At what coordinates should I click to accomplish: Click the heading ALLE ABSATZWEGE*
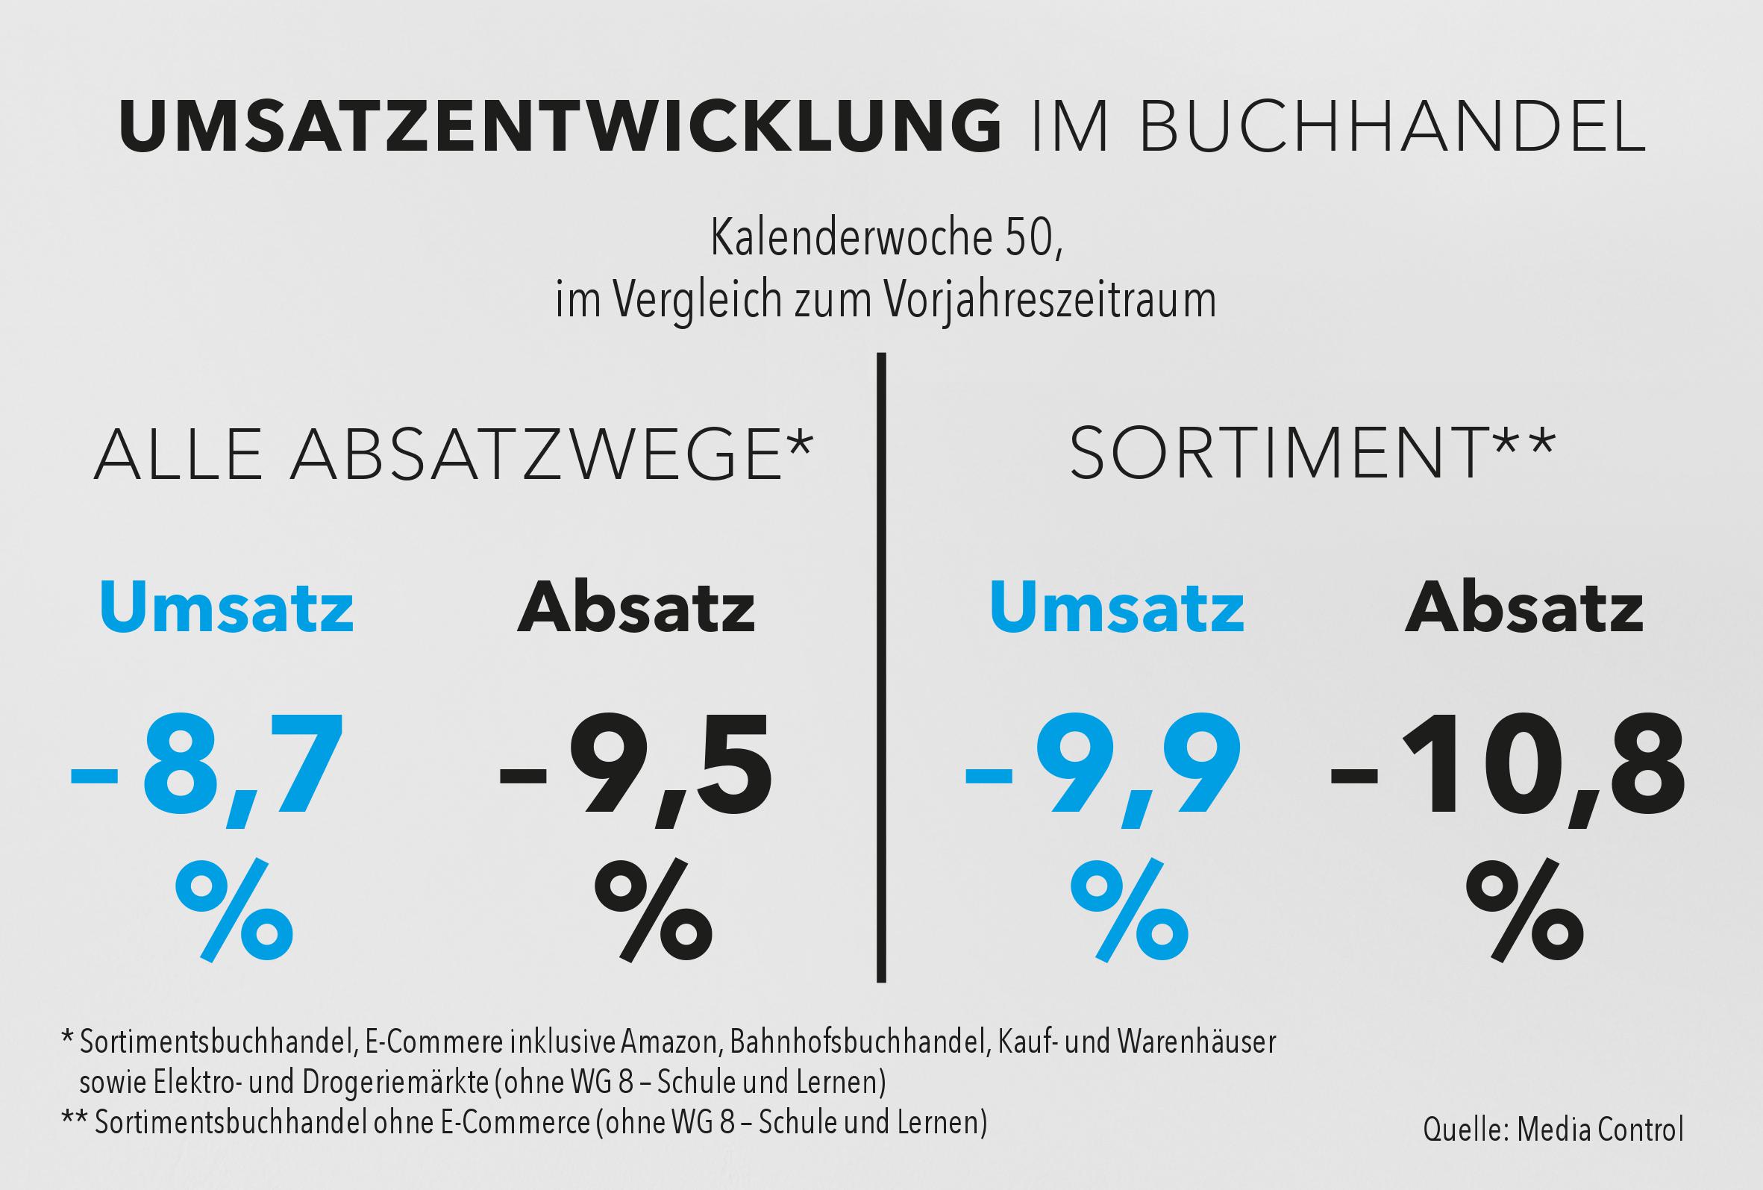pos(453,454)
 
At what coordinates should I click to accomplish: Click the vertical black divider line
pos(880,668)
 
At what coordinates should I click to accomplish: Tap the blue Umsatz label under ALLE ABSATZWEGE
pos(226,608)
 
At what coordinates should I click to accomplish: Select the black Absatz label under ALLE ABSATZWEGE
pos(636,608)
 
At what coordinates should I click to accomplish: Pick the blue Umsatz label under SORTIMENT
pos(1117,608)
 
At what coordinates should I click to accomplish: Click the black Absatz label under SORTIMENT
pos(1525,608)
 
